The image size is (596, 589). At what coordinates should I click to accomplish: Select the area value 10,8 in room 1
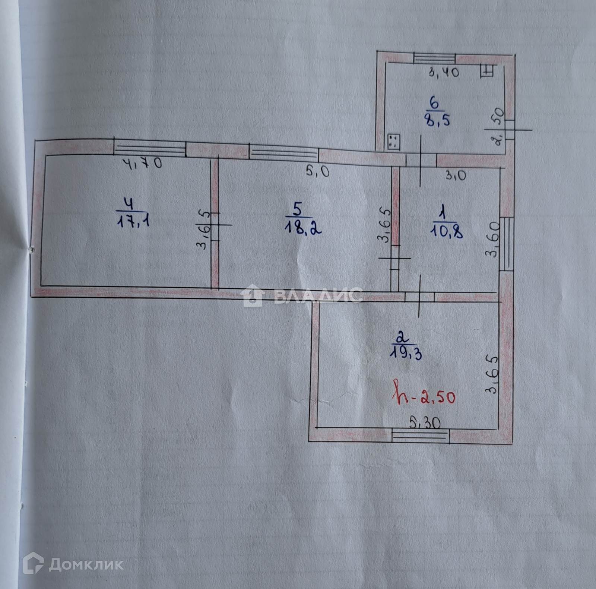[446, 232]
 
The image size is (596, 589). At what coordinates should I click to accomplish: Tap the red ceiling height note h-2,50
[424, 396]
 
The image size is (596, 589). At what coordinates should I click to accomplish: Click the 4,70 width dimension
[142, 163]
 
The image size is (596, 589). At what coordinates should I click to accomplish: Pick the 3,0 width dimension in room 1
[455, 175]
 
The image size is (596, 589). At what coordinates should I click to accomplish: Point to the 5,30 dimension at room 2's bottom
[425, 422]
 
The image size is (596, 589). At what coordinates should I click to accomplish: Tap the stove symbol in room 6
[393, 142]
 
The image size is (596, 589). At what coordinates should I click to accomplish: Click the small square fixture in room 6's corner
[488, 70]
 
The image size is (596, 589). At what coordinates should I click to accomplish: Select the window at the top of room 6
[435, 58]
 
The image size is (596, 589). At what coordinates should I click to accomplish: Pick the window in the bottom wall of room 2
[421, 435]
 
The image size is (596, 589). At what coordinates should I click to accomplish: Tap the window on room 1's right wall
[507, 244]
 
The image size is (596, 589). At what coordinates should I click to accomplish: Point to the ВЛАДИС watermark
[302, 295]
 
